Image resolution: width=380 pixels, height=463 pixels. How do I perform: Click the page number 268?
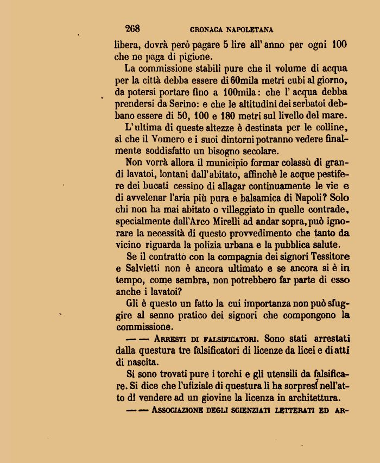click(132, 29)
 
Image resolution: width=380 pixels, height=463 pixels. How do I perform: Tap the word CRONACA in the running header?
click(208, 29)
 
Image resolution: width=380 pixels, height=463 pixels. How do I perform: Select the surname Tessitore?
click(324, 256)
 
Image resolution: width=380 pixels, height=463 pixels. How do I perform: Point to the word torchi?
click(220, 374)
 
